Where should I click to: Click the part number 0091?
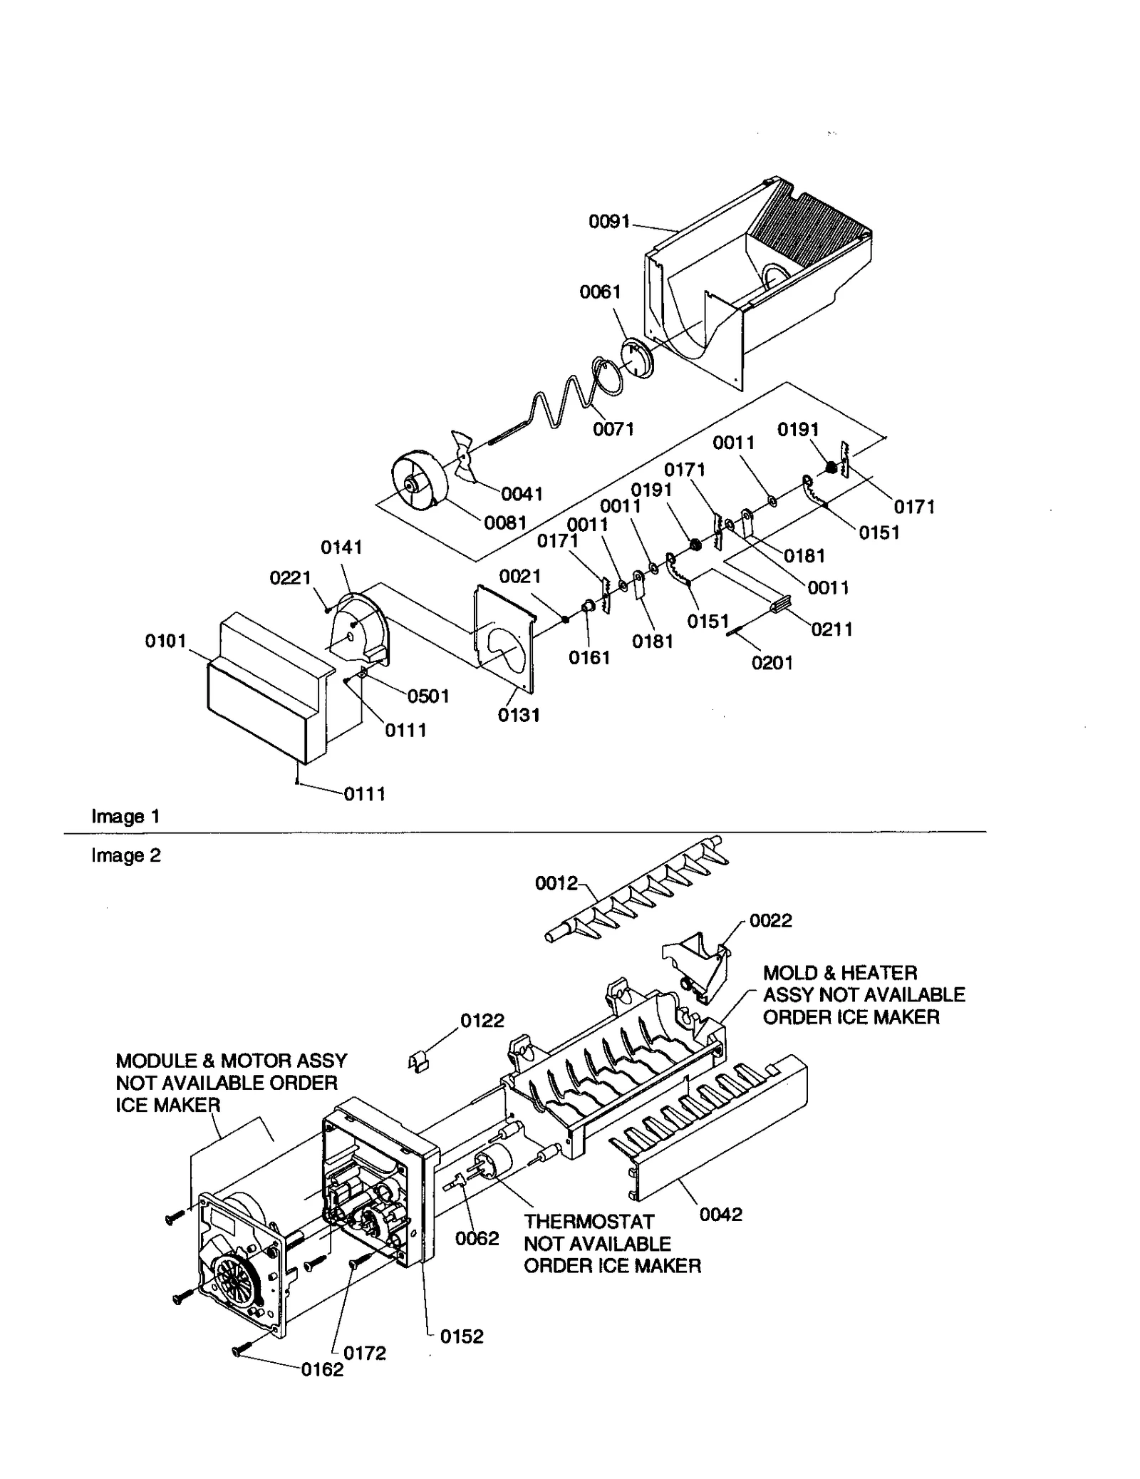click(x=608, y=222)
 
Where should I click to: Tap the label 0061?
click(x=600, y=292)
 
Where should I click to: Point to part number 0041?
click(x=522, y=494)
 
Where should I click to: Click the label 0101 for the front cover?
click(x=165, y=641)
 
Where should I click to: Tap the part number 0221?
click(x=290, y=577)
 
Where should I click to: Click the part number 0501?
click(x=427, y=696)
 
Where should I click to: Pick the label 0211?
click(x=831, y=629)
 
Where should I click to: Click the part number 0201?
click(x=772, y=663)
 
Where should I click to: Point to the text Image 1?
click(x=125, y=817)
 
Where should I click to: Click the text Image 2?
click(x=125, y=855)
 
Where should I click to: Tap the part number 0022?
click(x=770, y=921)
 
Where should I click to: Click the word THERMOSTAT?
click(x=589, y=1222)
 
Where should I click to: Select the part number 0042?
click(x=720, y=1215)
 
